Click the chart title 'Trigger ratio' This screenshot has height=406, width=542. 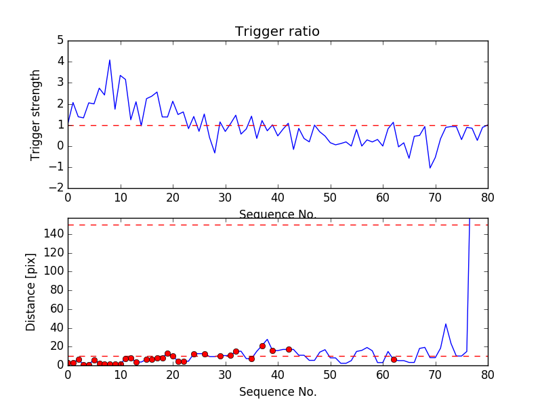pyautogui.click(x=277, y=32)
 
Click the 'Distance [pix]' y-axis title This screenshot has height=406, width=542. pyautogui.click(x=31, y=292)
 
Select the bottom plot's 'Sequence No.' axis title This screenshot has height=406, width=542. pyautogui.click(x=277, y=392)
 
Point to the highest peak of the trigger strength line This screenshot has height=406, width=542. pyautogui.click(x=110, y=60)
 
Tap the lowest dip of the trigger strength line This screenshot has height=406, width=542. pyautogui.click(x=430, y=168)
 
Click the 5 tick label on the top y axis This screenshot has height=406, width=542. pyautogui.click(x=60, y=41)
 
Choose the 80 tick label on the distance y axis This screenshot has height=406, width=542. pyautogui.click(x=57, y=290)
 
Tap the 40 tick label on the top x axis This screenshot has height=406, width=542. pyautogui.click(x=278, y=199)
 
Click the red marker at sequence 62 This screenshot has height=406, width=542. pyautogui.click(x=394, y=359)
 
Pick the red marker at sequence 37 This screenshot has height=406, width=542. pyautogui.click(x=262, y=346)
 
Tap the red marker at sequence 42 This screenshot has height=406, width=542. pyautogui.click(x=289, y=349)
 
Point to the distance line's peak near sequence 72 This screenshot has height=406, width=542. pyautogui.click(x=446, y=324)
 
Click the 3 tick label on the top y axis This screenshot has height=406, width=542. pyautogui.click(x=60, y=83)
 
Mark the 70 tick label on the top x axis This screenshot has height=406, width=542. pyautogui.click(x=435, y=199)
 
